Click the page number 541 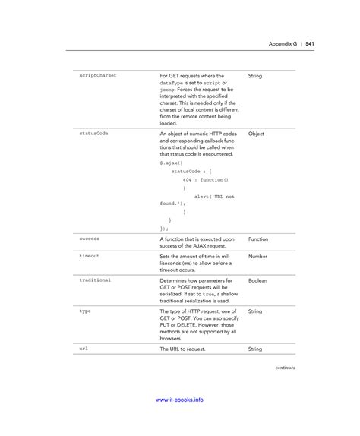click(x=310, y=43)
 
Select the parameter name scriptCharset click(x=99, y=76)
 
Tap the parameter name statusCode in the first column click(x=94, y=133)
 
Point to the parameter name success click(x=90, y=239)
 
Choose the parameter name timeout click(x=90, y=257)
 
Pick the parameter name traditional click(x=96, y=280)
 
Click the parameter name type click(x=85, y=311)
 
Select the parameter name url click(x=84, y=349)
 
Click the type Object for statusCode click(x=256, y=133)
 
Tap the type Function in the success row click(x=258, y=239)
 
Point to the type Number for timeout click(x=257, y=257)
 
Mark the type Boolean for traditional click(x=257, y=280)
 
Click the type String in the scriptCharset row click(x=254, y=76)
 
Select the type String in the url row click(x=254, y=349)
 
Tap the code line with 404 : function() click(x=204, y=179)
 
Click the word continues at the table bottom click(x=285, y=367)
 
